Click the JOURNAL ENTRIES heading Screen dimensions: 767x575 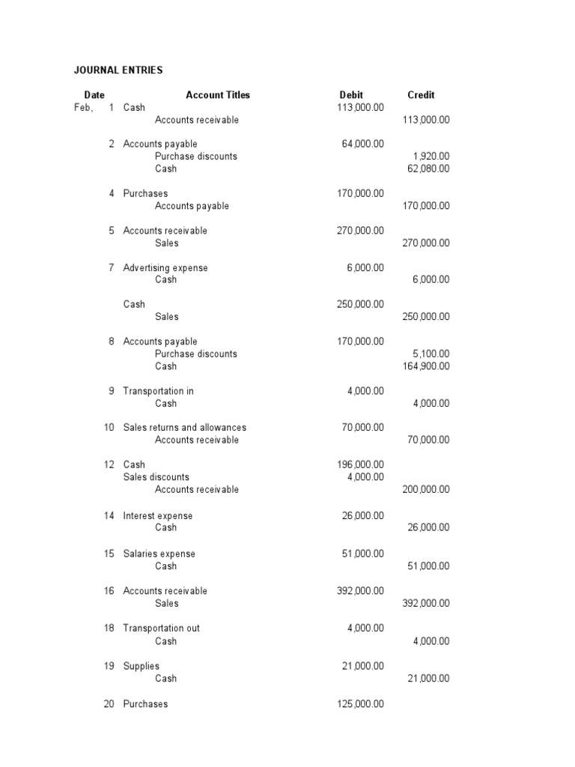[118, 70]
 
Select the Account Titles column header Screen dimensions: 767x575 [218, 95]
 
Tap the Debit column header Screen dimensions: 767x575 [351, 95]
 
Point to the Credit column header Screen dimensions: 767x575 [421, 95]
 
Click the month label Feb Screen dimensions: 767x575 [83, 108]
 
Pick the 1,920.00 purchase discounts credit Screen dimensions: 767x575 [431, 157]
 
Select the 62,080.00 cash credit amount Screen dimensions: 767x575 [428, 169]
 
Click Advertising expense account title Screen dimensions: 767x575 [165, 268]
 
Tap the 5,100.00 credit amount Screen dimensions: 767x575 [431, 354]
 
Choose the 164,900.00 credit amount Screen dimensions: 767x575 [426, 366]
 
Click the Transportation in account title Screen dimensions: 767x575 [159, 391]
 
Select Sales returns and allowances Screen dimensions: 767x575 [185, 428]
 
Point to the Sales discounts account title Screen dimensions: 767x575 [156, 477]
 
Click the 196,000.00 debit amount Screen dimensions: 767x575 [361, 465]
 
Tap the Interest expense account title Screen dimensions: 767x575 [158, 516]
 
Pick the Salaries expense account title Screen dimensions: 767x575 [159, 554]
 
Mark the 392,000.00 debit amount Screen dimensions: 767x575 [361, 591]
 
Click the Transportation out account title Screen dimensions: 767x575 [162, 628]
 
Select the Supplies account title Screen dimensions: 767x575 [142, 667]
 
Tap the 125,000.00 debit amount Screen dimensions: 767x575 [361, 704]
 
